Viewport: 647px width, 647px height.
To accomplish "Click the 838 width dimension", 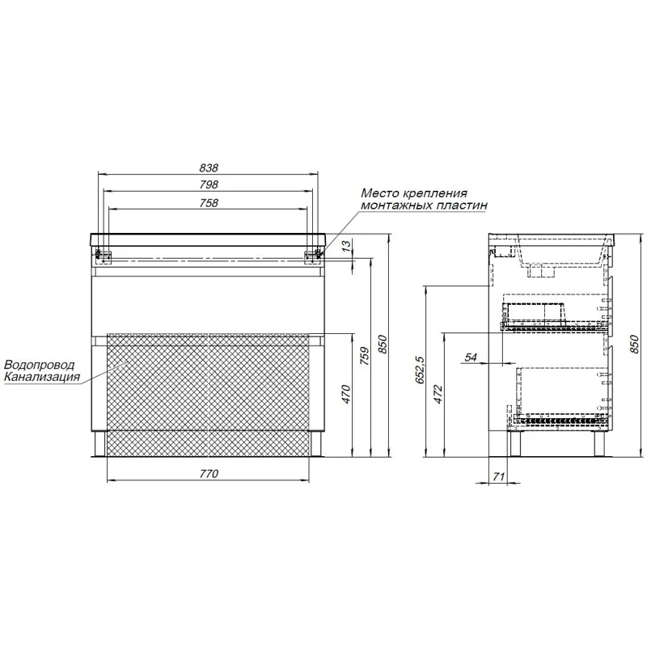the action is [x=209, y=168].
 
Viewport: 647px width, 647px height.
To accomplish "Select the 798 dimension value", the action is [x=209, y=184].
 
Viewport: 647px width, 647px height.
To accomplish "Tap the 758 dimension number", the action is [x=209, y=203].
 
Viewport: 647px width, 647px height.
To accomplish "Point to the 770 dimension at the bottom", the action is [x=209, y=474].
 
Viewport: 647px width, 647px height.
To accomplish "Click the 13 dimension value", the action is [x=348, y=246].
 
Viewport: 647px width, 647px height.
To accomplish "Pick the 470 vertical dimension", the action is [x=346, y=394].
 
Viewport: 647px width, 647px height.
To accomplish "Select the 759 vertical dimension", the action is [x=365, y=356].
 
